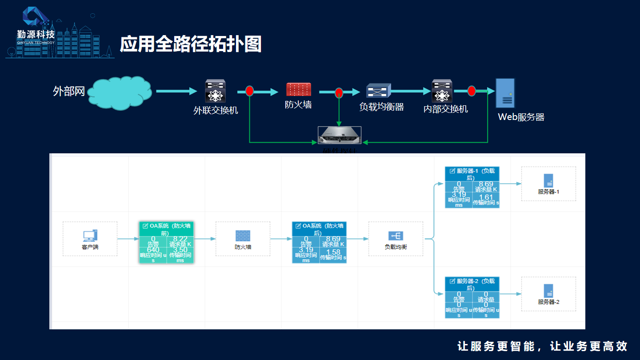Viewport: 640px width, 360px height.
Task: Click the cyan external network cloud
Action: tap(120, 93)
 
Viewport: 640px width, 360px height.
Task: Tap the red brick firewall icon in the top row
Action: tap(299, 89)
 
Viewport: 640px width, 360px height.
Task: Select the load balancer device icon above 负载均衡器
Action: tap(378, 91)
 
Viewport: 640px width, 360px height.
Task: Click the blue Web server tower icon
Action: tap(505, 93)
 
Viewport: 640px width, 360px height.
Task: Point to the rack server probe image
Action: tap(340, 135)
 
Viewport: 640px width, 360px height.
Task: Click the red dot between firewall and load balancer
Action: tap(339, 92)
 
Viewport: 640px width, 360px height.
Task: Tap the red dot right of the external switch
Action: tap(249, 91)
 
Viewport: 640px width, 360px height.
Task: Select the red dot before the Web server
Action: tap(472, 91)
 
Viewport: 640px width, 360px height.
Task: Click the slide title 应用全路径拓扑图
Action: tap(190, 44)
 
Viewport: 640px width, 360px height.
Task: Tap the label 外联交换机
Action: tap(216, 110)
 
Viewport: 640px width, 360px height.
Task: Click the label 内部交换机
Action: tap(445, 109)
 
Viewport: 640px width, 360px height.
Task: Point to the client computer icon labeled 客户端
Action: tap(90, 236)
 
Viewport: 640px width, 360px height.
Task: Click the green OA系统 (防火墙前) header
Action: tap(166, 229)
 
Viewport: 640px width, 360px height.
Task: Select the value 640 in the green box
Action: tap(153, 250)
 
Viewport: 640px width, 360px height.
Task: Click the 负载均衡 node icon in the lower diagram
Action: tap(396, 236)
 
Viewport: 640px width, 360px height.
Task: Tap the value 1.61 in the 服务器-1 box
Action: tap(486, 197)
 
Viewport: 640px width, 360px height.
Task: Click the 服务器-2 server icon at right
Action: tap(548, 291)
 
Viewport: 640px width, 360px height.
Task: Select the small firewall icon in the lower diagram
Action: tap(243, 236)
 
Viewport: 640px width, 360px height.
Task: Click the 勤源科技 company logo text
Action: tap(36, 34)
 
